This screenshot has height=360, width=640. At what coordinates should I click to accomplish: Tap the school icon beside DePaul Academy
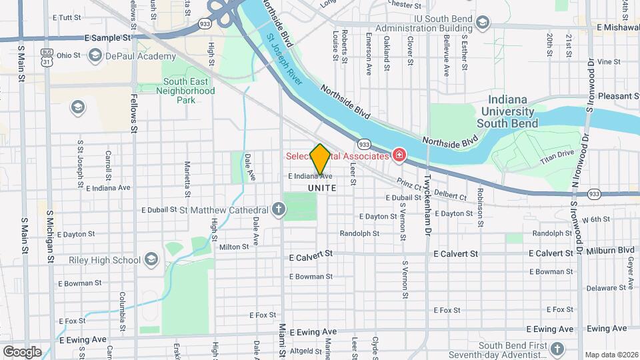click(95, 55)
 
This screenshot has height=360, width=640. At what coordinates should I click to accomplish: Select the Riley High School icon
click(151, 259)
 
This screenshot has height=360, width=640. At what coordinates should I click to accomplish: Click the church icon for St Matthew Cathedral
click(280, 209)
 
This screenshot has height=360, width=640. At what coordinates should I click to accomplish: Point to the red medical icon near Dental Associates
click(399, 155)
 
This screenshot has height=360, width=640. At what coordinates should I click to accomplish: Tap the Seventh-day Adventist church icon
click(557, 348)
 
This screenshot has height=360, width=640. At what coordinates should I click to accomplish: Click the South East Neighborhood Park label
click(189, 91)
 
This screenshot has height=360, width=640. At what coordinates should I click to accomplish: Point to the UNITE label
click(322, 189)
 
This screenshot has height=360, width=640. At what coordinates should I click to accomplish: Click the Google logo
click(22, 351)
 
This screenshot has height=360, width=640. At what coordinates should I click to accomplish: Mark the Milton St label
click(234, 246)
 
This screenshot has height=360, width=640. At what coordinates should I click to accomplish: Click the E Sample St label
click(107, 38)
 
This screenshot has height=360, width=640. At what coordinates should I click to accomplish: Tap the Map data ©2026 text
click(611, 355)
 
